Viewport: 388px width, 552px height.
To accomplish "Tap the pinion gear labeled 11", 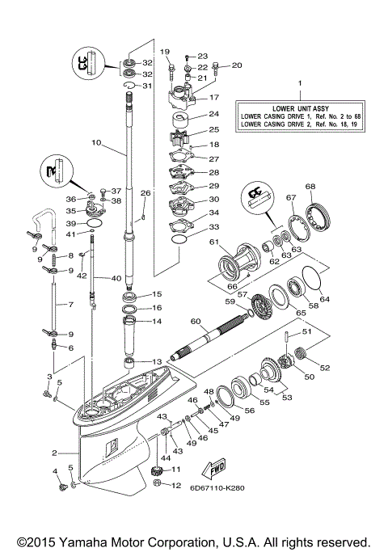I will (x=158, y=471).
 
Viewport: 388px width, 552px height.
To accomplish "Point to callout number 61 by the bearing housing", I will (x=214, y=242).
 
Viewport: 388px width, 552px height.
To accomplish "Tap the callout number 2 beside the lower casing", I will (x=53, y=453).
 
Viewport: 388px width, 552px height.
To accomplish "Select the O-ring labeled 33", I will (x=179, y=240).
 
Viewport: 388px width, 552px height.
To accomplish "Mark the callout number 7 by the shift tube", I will (x=70, y=305).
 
